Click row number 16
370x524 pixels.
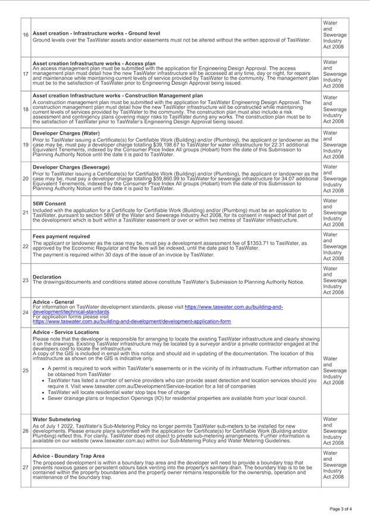click(x=26, y=35)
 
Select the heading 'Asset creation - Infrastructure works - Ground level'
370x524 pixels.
click(x=96, y=33)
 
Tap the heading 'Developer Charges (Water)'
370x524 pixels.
click(x=66, y=133)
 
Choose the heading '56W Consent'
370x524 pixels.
click(x=49, y=204)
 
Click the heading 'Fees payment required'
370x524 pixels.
click(x=61, y=236)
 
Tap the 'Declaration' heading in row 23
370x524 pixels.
click(x=47, y=277)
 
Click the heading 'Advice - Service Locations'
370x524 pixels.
click(x=66, y=332)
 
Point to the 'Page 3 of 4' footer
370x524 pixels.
click(x=341, y=509)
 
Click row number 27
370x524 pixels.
click(x=26, y=467)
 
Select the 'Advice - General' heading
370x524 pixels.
click(x=54, y=302)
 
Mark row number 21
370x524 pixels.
click(x=26, y=213)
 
